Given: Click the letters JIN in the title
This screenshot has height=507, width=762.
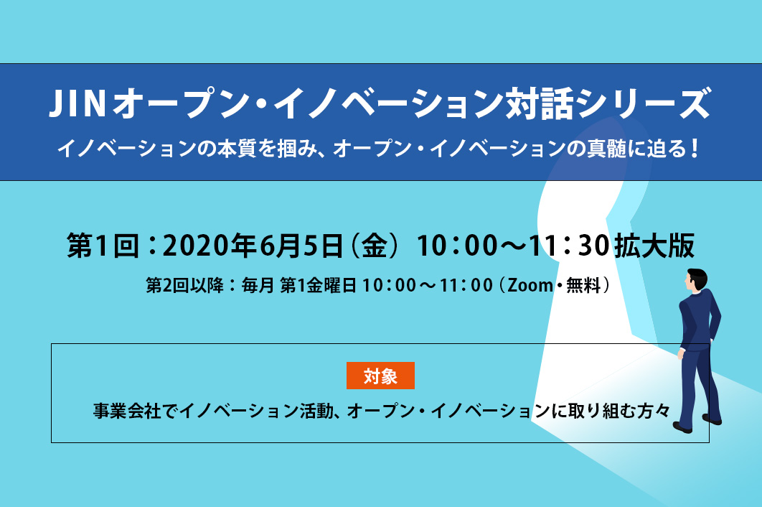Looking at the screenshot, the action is (x=77, y=103).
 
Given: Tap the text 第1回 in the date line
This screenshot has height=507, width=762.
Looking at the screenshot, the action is (x=103, y=245).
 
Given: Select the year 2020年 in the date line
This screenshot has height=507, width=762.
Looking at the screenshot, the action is (x=210, y=245).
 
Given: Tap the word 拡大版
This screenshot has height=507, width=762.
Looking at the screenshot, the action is (x=654, y=245).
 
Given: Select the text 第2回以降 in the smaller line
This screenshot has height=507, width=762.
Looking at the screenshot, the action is (x=184, y=285).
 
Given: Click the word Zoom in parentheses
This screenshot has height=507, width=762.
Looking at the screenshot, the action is (x=530, y=285).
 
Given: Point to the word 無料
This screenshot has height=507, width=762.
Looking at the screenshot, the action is (x=583, y=285).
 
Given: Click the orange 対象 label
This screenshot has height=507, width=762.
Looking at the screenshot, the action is (x=380, y=376).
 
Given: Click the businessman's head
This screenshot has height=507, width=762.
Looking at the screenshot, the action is (x=696, y=279).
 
